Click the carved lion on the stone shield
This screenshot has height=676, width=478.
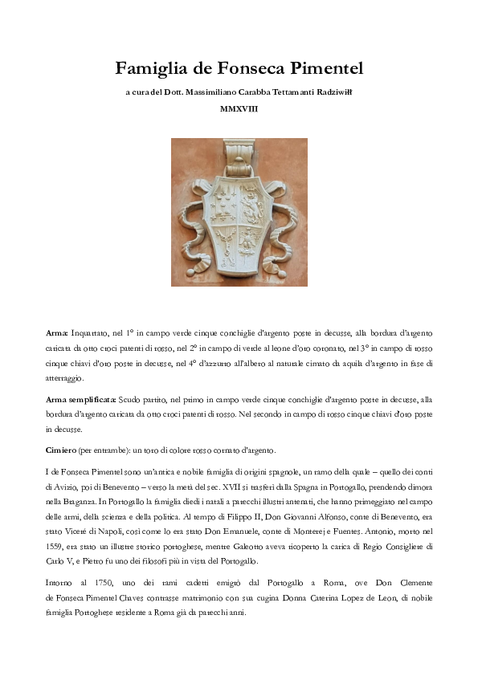click(x=253, y=206)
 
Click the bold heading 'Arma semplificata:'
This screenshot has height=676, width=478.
click(x=81, y=399)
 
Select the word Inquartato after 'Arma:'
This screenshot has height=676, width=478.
click(x=93, y=331)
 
